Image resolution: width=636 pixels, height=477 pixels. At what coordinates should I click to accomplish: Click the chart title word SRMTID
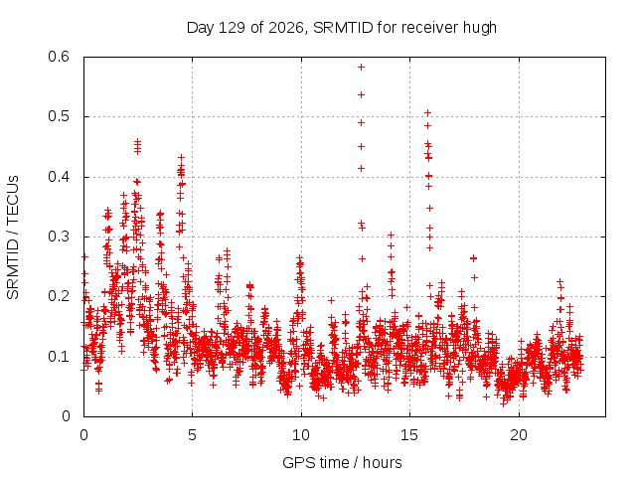(343, 28)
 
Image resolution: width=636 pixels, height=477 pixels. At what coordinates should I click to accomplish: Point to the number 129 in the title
(232, 28)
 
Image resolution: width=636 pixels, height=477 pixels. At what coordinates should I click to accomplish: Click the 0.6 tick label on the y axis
(59, 57)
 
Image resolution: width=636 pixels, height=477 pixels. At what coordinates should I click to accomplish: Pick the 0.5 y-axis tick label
(59, 116)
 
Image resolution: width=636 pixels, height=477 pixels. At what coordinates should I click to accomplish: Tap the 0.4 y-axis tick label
(59, 177)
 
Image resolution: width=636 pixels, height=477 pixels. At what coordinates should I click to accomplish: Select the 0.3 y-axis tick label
(59, 237)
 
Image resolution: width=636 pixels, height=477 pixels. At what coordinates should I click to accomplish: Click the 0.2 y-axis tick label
(59, 296)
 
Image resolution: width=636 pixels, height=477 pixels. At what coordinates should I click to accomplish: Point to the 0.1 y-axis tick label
(59, 357)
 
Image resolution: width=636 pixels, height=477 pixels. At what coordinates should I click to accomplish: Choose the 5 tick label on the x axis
(192, 435)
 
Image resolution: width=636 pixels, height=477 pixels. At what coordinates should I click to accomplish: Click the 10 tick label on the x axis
(300, 435)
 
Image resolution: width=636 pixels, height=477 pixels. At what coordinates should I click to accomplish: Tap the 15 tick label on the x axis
(409, 435)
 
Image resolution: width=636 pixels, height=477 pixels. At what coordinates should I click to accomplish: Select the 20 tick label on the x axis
(519, 435)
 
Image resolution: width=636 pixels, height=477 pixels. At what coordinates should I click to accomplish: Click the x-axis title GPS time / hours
(342, 463)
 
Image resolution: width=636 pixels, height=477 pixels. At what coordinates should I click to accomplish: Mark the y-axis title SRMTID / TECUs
(13, 238)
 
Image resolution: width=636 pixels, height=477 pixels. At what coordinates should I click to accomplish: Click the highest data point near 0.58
(361, 67)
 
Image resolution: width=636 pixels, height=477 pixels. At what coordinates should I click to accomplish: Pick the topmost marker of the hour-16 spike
(427, 112)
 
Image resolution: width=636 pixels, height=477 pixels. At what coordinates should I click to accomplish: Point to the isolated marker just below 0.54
(361, 95)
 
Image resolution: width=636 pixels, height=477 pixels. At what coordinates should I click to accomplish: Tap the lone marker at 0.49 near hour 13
(361, 123)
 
